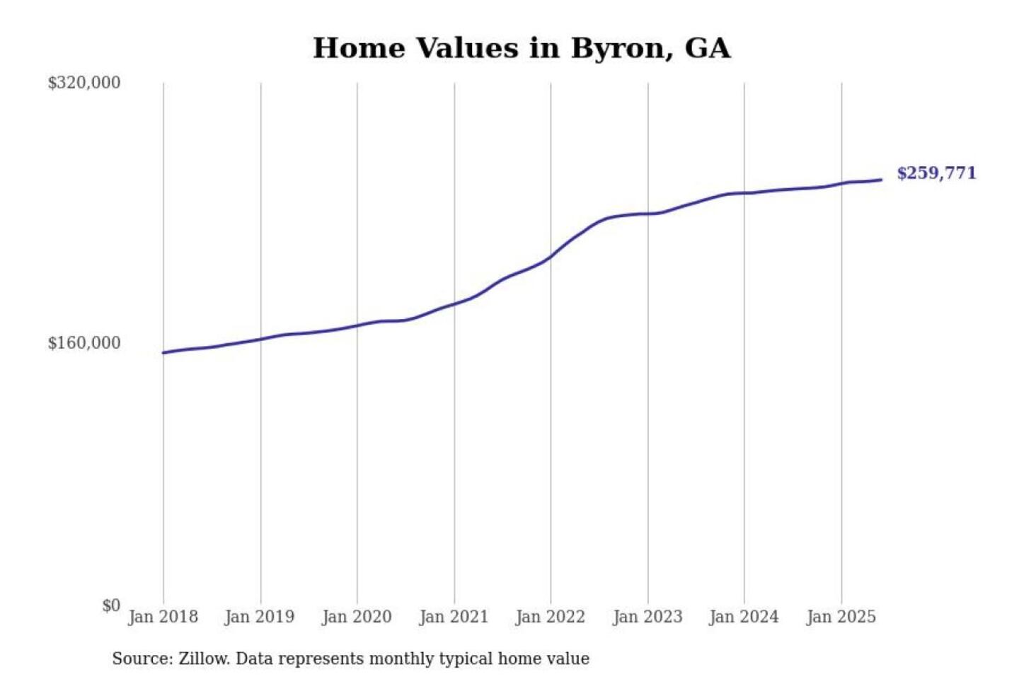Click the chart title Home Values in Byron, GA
[522, 48]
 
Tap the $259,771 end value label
[936, 173]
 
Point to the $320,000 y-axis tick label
[84, 83]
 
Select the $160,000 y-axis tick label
[84, 343]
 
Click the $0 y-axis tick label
[111, 605]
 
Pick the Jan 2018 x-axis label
[163, 617]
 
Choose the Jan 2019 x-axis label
[260, 617]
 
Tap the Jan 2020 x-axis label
[357, 617]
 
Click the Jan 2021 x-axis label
[454, 617]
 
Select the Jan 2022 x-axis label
[551, 617]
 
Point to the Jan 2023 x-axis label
[647, 617]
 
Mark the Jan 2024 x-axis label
[744, 617]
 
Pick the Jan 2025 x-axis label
[841, 617]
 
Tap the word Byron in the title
[618, 48]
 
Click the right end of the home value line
[881, 180]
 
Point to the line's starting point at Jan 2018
[163, 352]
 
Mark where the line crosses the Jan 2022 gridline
[551, 257]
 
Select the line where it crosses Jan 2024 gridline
[744, 192]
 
